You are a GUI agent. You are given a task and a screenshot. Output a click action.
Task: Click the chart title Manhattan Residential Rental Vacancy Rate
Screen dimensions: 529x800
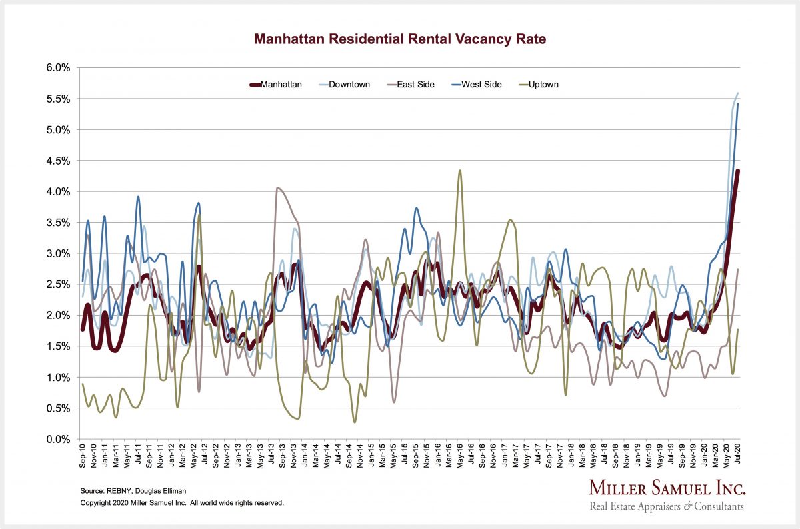click(x=400, y=39)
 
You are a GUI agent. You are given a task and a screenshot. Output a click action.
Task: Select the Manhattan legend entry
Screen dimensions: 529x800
click(x=275, y=85)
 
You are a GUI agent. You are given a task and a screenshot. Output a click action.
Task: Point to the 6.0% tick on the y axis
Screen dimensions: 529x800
click(x=58, y=68)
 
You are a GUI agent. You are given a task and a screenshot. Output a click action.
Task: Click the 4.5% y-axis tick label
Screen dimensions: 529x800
click(x=58, y=161)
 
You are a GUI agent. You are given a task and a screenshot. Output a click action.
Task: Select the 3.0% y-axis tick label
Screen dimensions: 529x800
click(x=58, y=254)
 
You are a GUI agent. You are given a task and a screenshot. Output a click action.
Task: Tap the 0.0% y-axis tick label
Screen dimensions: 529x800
click(x=58, y=440)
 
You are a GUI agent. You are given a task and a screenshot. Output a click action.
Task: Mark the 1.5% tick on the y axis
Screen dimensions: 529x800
click(x=58, y=346)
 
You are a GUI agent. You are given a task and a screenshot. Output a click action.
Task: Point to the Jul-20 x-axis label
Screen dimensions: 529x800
click(x=737, y=458)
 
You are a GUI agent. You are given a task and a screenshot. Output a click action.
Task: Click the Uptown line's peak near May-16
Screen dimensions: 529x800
click(x=460, y=171)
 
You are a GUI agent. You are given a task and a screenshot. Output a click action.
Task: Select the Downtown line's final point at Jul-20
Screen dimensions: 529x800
click(x=738, y=93)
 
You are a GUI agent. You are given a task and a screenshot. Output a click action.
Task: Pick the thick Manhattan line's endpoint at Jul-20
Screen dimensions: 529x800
click(x=738, y=171)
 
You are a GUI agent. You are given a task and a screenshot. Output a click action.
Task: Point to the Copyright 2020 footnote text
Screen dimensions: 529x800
click(x=182, y=502)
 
